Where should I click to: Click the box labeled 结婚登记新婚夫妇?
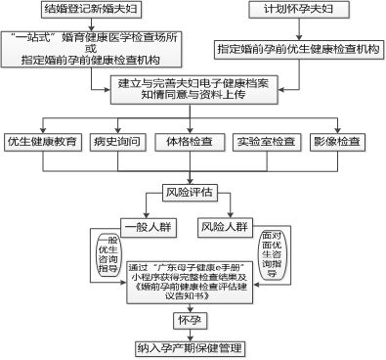87,11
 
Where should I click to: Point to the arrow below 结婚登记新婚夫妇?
87,28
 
